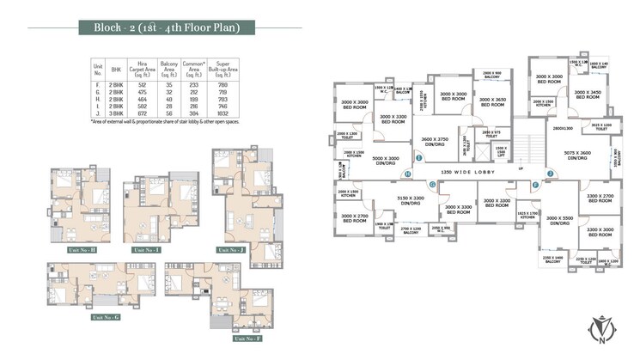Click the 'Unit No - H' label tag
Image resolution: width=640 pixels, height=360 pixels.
click(82, 249)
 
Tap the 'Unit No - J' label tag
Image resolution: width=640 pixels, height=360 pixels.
click(230, 249)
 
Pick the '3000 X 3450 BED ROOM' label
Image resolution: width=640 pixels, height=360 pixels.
click(588, 95)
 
